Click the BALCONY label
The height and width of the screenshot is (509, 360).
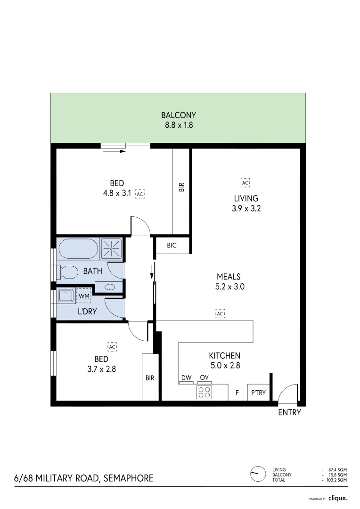178,115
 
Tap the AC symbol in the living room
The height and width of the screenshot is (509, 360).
245,182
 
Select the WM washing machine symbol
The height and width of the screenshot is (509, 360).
84,296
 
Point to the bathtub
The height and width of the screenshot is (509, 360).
78,248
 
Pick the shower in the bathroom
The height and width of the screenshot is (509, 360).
112,248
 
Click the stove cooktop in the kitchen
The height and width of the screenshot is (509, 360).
204,392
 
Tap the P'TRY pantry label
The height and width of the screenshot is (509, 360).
258,392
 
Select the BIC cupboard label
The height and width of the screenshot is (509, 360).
172,246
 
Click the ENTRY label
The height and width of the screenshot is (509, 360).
289,412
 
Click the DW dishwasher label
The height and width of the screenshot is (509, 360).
186,378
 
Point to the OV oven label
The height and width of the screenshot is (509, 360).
204,378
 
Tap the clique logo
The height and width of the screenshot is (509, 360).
338,498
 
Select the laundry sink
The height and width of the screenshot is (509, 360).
65,296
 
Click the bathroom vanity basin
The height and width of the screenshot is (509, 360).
109,286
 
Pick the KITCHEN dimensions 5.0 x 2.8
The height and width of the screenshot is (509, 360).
225,365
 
